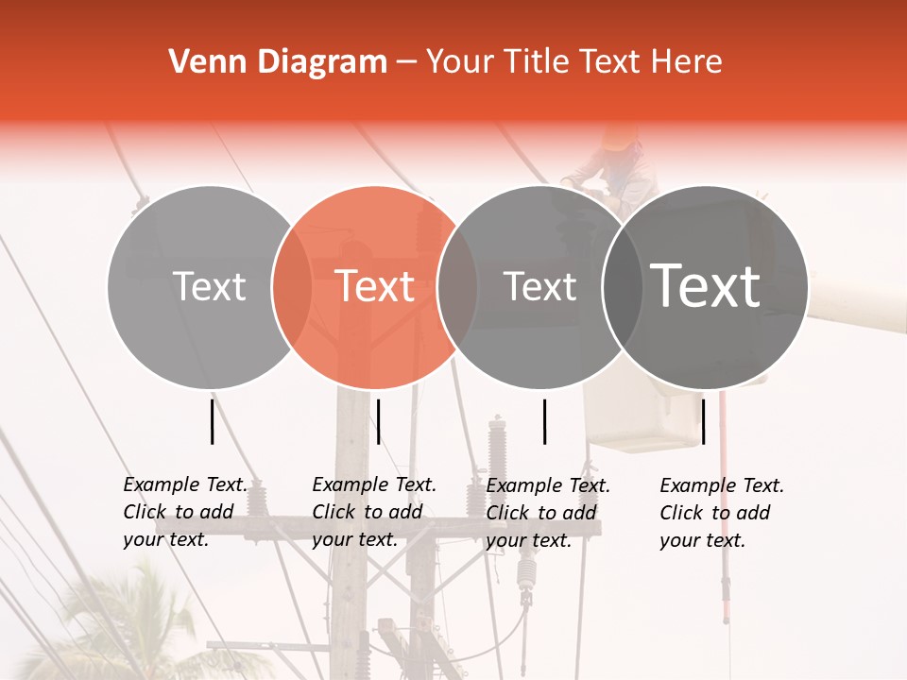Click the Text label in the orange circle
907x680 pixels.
coord(375,286)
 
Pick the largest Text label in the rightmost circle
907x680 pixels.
coord(706,286)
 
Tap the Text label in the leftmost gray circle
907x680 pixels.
coord(210,286)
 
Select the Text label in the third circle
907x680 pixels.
coord(540,286)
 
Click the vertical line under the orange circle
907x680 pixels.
coord(378,421)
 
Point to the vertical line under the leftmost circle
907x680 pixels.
coord(213,421)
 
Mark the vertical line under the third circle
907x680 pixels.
coord(545,421)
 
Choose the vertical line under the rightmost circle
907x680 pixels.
coord(704,421)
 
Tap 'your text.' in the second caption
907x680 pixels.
coord(354,540)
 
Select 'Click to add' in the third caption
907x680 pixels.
coord(541,513)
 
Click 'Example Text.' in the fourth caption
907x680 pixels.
coord(722,485)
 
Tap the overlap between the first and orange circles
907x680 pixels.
coord(292,287)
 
